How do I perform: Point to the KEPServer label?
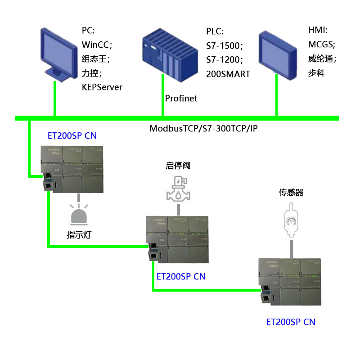coord(102,87)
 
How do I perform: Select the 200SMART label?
coord(228,74)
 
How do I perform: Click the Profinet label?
coord(181,98)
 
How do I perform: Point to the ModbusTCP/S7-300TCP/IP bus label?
coord(203,129)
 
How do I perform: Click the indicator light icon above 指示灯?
coord(79,214)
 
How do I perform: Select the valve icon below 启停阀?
coord(178,189)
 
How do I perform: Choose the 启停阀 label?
coord(178,166)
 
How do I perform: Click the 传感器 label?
coord(291,193)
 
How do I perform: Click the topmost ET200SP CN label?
coord(72,135)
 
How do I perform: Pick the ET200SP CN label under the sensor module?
coord(291,322)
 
